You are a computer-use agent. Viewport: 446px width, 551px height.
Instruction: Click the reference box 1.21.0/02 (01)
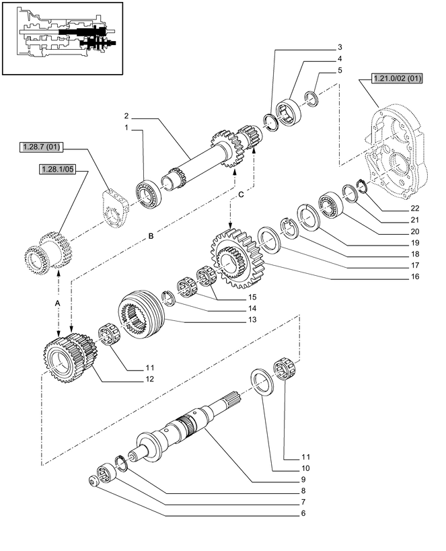pyautogui.click(x=396, y=79)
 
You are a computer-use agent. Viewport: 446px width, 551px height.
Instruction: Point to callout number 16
pyautogui.click(x=416, y=277)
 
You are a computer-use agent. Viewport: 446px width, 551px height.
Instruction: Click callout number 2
pyautogui.click(x=126, y=116)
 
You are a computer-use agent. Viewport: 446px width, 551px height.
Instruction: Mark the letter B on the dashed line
pyautogui.click(x=151, y=236)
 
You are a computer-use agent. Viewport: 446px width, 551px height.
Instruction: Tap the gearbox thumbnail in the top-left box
pyautogui.click(x=64, y=37)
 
